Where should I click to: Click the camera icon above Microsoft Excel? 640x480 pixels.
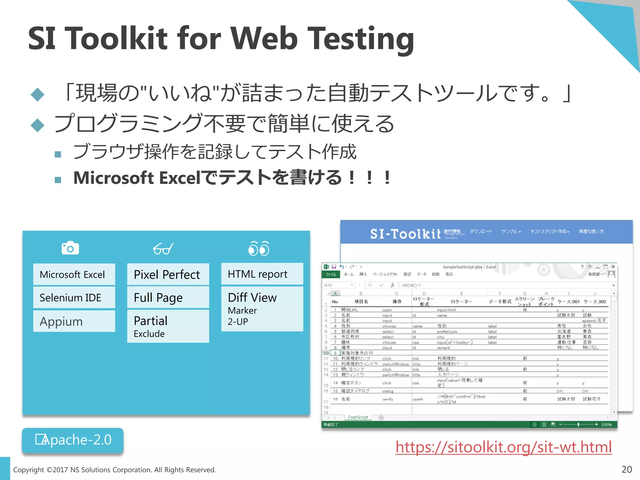[70, 248]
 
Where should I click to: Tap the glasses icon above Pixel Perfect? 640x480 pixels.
[163, 249]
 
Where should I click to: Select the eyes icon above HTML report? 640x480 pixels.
[259, 249]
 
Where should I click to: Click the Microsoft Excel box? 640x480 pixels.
[74, 274]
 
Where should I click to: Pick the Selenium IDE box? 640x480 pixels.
[74, 297]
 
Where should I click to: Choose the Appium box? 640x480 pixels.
[74, 321]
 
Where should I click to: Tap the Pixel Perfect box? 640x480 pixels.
[168, 274]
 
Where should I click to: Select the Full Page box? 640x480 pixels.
[168, 297]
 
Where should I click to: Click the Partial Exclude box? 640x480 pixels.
[168, 326]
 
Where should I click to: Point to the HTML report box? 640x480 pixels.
[262, 274]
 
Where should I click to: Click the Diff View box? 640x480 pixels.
[262, 309]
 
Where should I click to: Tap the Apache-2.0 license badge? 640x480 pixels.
[73, 440]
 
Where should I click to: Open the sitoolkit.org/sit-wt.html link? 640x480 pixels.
[503, 447]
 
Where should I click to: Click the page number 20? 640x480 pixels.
[627, 469]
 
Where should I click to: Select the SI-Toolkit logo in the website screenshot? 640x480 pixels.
[405, 234]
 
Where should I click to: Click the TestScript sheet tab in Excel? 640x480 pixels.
[358, 417]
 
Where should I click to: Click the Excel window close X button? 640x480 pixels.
[613, 267]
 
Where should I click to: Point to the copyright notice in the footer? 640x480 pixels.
[114, 470]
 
